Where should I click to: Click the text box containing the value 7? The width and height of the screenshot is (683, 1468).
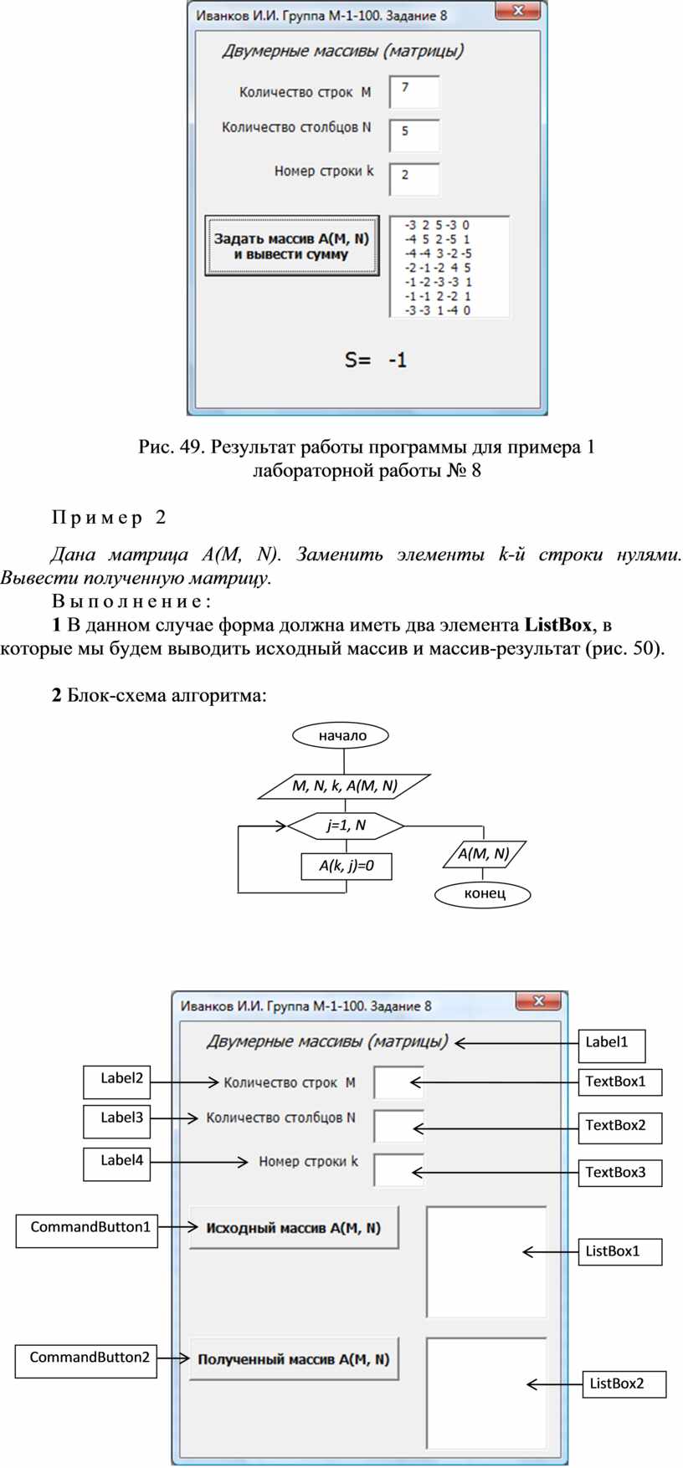point(414,92)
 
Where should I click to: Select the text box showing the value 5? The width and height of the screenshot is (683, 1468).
point(414,136)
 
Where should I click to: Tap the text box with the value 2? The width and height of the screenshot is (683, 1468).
point(414,179)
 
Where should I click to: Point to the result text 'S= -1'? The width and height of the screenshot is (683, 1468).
point(376,360)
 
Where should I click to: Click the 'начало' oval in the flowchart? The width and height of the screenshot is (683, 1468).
point(342,735)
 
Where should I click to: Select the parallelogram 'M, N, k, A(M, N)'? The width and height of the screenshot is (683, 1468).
point(344,785)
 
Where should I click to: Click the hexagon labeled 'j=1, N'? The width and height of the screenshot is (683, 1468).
point(346,826)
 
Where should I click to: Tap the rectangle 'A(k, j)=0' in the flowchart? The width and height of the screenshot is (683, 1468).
point(347,866)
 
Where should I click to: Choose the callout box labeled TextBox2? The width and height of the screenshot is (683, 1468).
point(620,1128)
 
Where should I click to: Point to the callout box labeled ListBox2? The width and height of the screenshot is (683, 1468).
point(624,1384)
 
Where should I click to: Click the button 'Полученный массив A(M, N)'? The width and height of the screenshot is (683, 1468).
point(294,1359)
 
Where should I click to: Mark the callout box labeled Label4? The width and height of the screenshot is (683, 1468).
point(117,1164)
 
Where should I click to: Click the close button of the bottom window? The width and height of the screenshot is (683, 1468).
point(537,1001)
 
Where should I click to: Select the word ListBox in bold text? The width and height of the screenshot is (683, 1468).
point(557,625)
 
